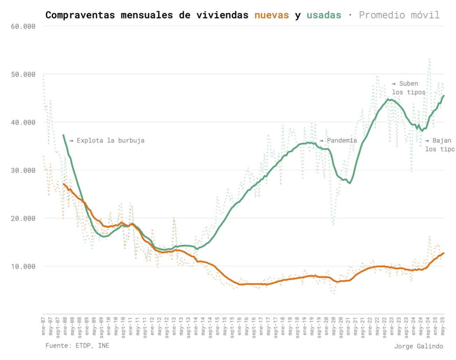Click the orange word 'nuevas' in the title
coord(272,15)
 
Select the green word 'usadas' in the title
coord(324,15)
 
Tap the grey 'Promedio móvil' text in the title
coord(399,15)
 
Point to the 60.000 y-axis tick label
coord(23,26)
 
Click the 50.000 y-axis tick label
coord(23,74)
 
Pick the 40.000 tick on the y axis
coord(23,122)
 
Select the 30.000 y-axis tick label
coord(23,170)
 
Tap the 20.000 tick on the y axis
coord(23,218)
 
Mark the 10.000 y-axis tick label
coord(23,266)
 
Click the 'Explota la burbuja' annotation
coord(110,140)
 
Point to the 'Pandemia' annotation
coord(342,140)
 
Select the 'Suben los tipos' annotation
coord(408,88)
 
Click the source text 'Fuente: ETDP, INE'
coord(77,346)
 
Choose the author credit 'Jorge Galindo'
coord(419,346)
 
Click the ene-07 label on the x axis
coord(43,326)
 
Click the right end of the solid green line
coord(444,96)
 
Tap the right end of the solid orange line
coord(444,253)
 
